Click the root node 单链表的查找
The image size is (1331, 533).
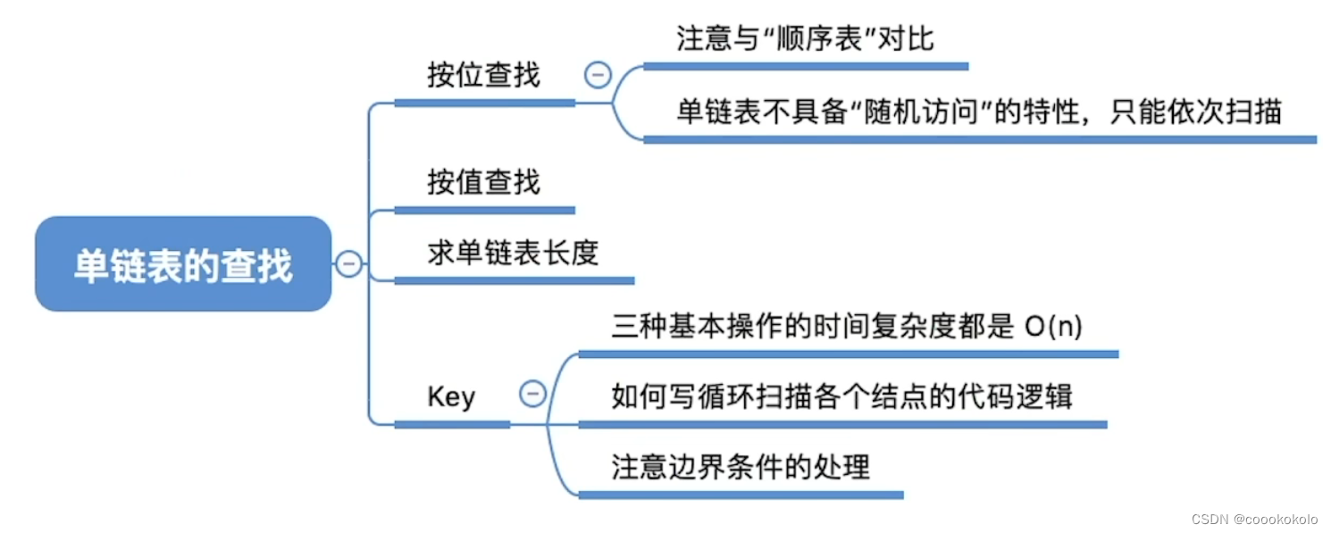click(x=183, y=264)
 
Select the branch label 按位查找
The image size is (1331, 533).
click(x=483, y=75)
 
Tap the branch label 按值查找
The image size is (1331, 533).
click(x=483, y=182)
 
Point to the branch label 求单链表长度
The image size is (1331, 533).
click(x=513, y=254)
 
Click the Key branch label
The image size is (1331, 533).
click(x=451, y=396)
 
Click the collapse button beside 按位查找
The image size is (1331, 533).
click(x=598, y=75)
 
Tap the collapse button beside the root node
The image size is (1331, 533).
click(x=349, y=263)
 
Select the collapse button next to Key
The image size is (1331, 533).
click(x=532, y=394)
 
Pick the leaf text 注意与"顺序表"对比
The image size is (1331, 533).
click(x=805, y=40)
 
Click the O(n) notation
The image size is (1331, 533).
click(x=1053, y=327)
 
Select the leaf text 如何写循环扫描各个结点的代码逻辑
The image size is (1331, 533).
click(x=841, y=396)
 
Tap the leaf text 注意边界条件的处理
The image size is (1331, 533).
click(x=741, y=466)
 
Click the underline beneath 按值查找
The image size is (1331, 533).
click(x=484, y=211)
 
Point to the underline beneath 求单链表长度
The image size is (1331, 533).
click(x=514, y=280)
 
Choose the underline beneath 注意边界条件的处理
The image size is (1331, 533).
click(x=741, y=494)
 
